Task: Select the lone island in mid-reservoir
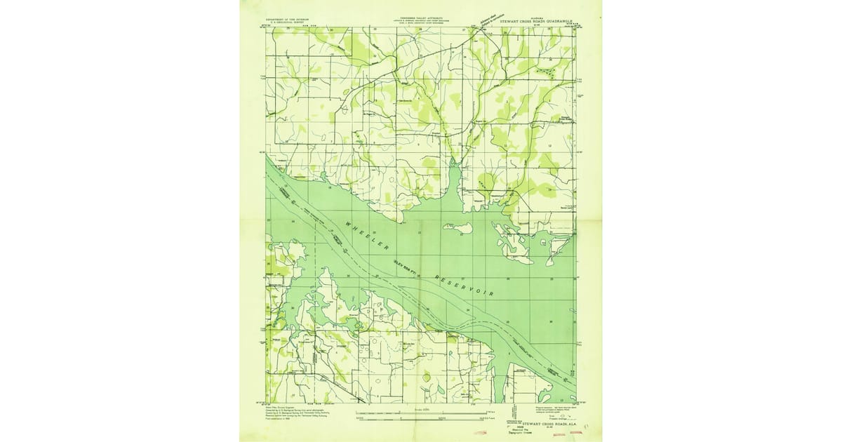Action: [457, 227]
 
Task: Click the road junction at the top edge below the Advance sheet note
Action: [478, 29]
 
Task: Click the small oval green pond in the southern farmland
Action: [426, 377]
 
